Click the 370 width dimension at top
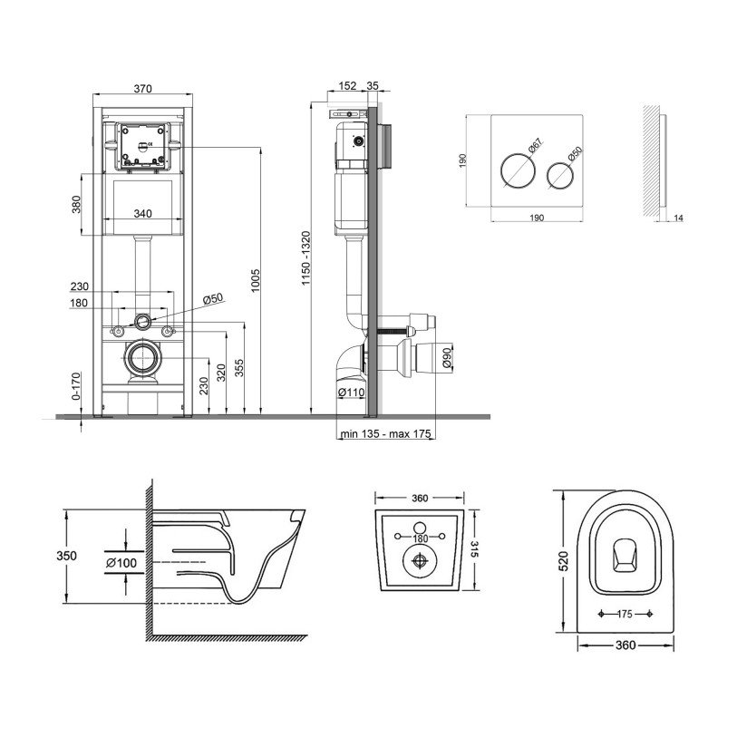142,88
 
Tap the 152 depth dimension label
346,86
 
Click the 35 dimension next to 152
373,86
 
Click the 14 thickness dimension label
679,218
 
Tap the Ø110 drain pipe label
351,393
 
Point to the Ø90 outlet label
448,355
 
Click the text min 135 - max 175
384,434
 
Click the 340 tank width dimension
142,214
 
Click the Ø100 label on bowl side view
121,563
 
